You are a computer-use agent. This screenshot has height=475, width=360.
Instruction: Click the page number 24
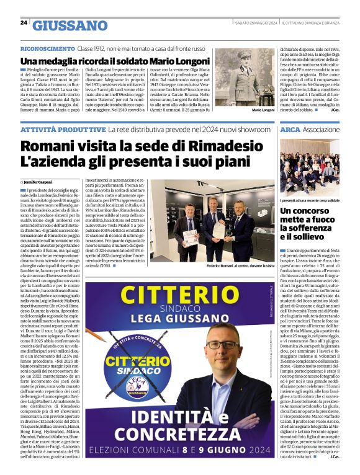pos(24,23)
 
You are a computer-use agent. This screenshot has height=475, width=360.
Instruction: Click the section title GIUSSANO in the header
pos(70,25)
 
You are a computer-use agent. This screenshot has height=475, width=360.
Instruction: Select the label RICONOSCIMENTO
pos(46,48)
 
